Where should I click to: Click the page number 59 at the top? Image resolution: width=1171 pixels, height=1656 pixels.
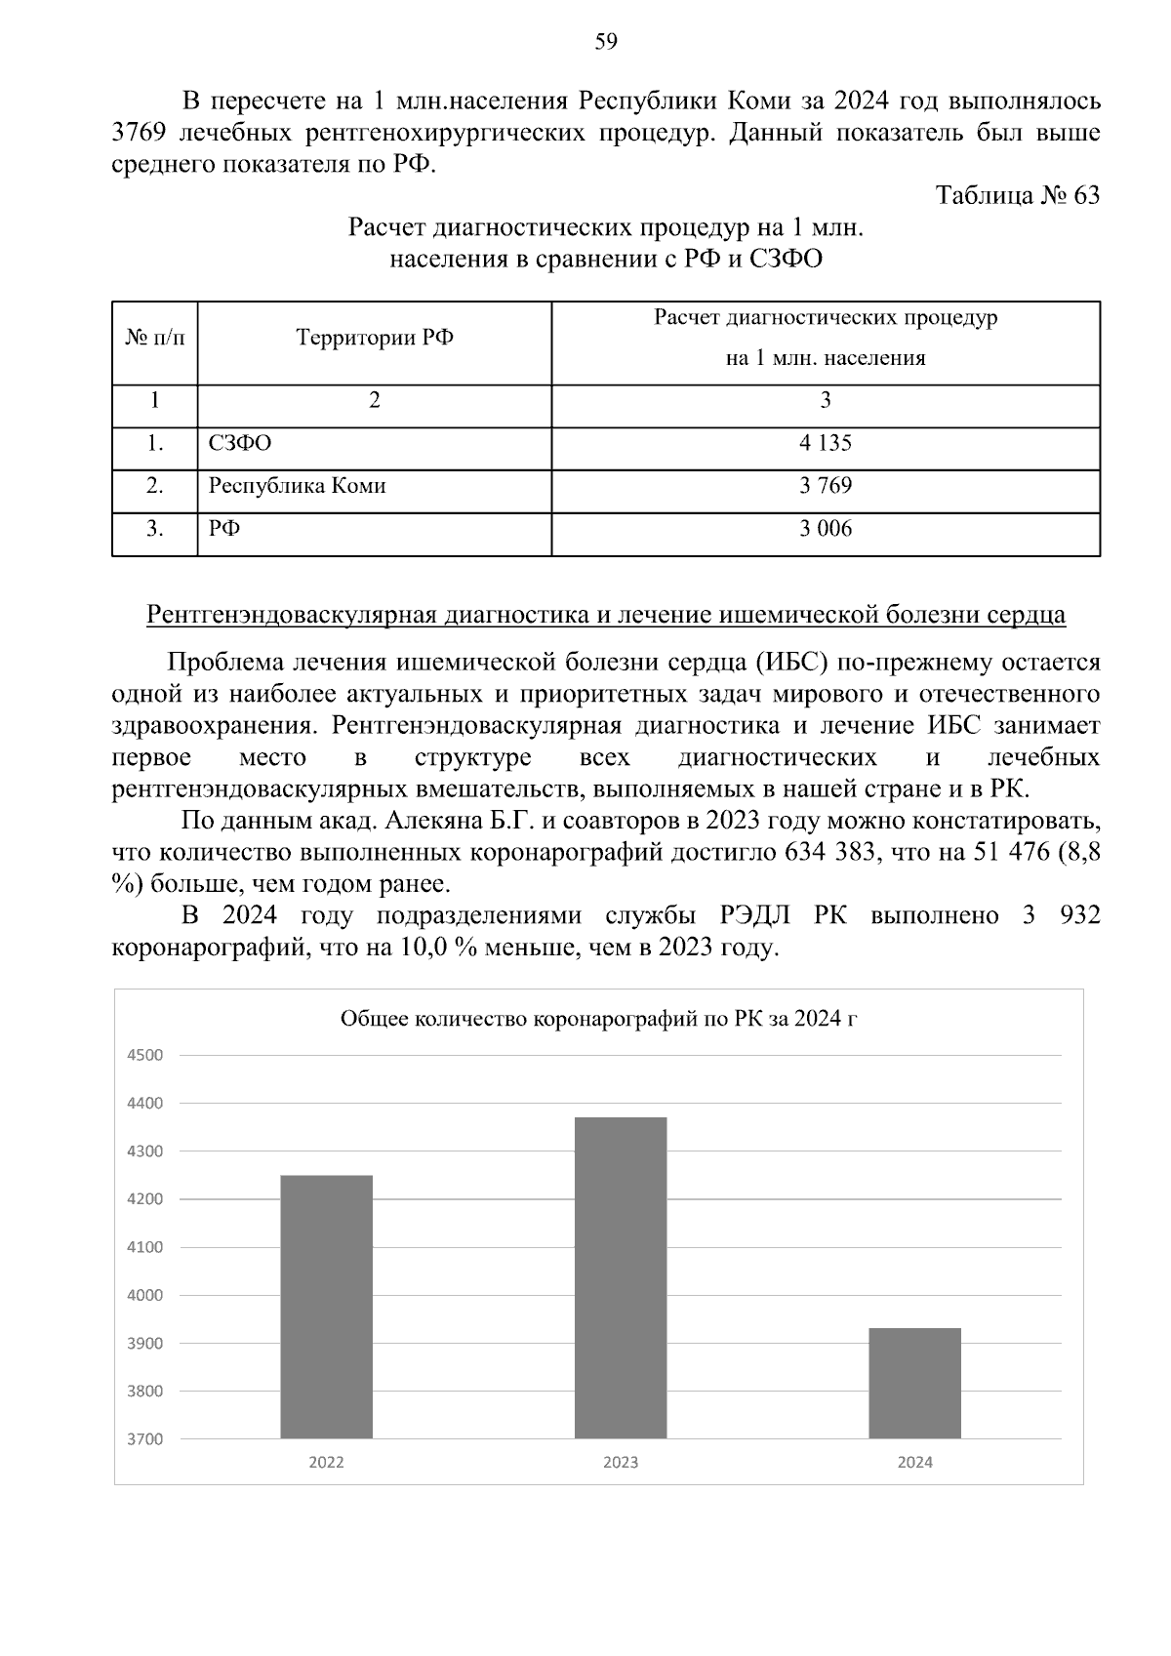(605, 41)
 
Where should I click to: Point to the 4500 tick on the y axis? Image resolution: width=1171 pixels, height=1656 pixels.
(144, 1055)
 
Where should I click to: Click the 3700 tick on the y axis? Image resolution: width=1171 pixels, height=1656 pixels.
(144, 1438)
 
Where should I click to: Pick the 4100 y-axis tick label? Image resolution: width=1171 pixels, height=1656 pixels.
(144, 1247)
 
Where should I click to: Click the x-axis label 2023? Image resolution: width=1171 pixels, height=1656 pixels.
(621, 1462)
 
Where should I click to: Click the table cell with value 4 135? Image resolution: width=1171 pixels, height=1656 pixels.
(825, 443)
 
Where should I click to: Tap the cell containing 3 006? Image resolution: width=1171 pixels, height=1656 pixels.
(825, 529)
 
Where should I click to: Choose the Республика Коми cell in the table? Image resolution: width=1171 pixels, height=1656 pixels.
(298, 486)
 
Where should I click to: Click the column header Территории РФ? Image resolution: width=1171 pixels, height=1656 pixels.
(374, 339)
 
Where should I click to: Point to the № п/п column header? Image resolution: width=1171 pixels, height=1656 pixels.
(154, 339)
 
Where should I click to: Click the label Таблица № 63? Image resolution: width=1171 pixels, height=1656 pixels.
(1017, 195)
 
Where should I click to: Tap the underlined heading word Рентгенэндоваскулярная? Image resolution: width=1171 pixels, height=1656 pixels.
(293, 615)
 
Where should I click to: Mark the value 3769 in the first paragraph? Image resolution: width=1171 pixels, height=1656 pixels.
(137, 132)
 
